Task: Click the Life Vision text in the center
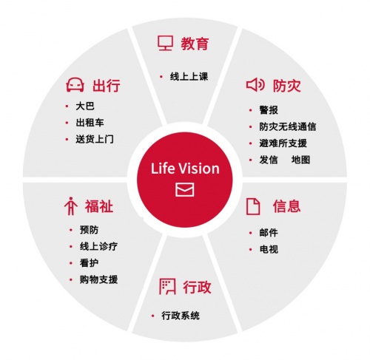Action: click(185, 169)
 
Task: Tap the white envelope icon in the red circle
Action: click(185, 189)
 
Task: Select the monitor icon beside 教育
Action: click(165, 43)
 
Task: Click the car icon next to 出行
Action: click(75, 85)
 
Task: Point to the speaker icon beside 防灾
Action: click(255, 85)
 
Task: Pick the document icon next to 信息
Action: click(253, 206)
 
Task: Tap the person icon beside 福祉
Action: click(71, 206)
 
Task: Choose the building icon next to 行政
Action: click(167, 287)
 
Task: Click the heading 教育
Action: click(195, 44)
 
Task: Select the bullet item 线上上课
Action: click(189, 77)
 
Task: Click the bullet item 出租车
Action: click(90, 123)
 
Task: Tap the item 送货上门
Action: click(95, 139)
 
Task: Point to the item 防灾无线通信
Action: click(288, 126)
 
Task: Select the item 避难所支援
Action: click(283, 143)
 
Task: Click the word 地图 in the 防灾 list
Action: click(300, 160)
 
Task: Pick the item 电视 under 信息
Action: click(269, 249)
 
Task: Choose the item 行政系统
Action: click(181, 316)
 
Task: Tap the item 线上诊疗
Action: click(98, 246)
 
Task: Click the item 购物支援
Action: click(98, 279)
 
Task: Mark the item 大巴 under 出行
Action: click(85, 106)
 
